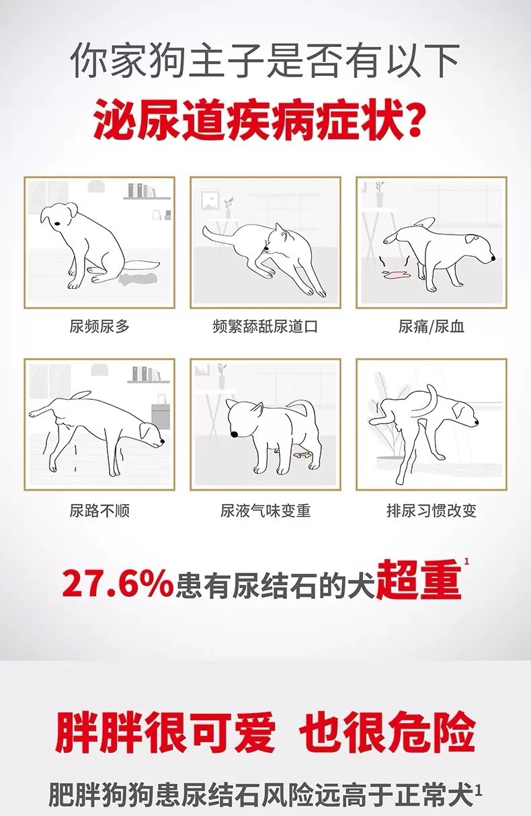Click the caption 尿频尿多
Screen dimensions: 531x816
(x=99, y=326)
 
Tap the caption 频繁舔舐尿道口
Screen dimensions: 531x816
(x=265, y=326)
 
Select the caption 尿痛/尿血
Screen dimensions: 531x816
(x=432, y=326)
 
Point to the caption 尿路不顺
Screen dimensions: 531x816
(x=99, y=510)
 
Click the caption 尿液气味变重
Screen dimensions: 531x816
(x=265, y=510)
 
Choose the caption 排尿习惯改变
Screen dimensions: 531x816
(x=432, y=510)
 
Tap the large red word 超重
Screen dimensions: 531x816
(x=419, y=580)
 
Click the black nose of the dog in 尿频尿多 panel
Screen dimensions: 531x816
(x=57, y=223)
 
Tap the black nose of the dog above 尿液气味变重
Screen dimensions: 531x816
(x=235, y=434)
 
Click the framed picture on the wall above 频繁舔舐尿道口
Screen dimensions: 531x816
(x=210, y=201)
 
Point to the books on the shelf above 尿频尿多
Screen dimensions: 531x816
(x=142, y=190)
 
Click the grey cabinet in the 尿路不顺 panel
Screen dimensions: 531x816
(x=160, y=413)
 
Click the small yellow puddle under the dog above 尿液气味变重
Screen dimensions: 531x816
(x=302, y=454)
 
